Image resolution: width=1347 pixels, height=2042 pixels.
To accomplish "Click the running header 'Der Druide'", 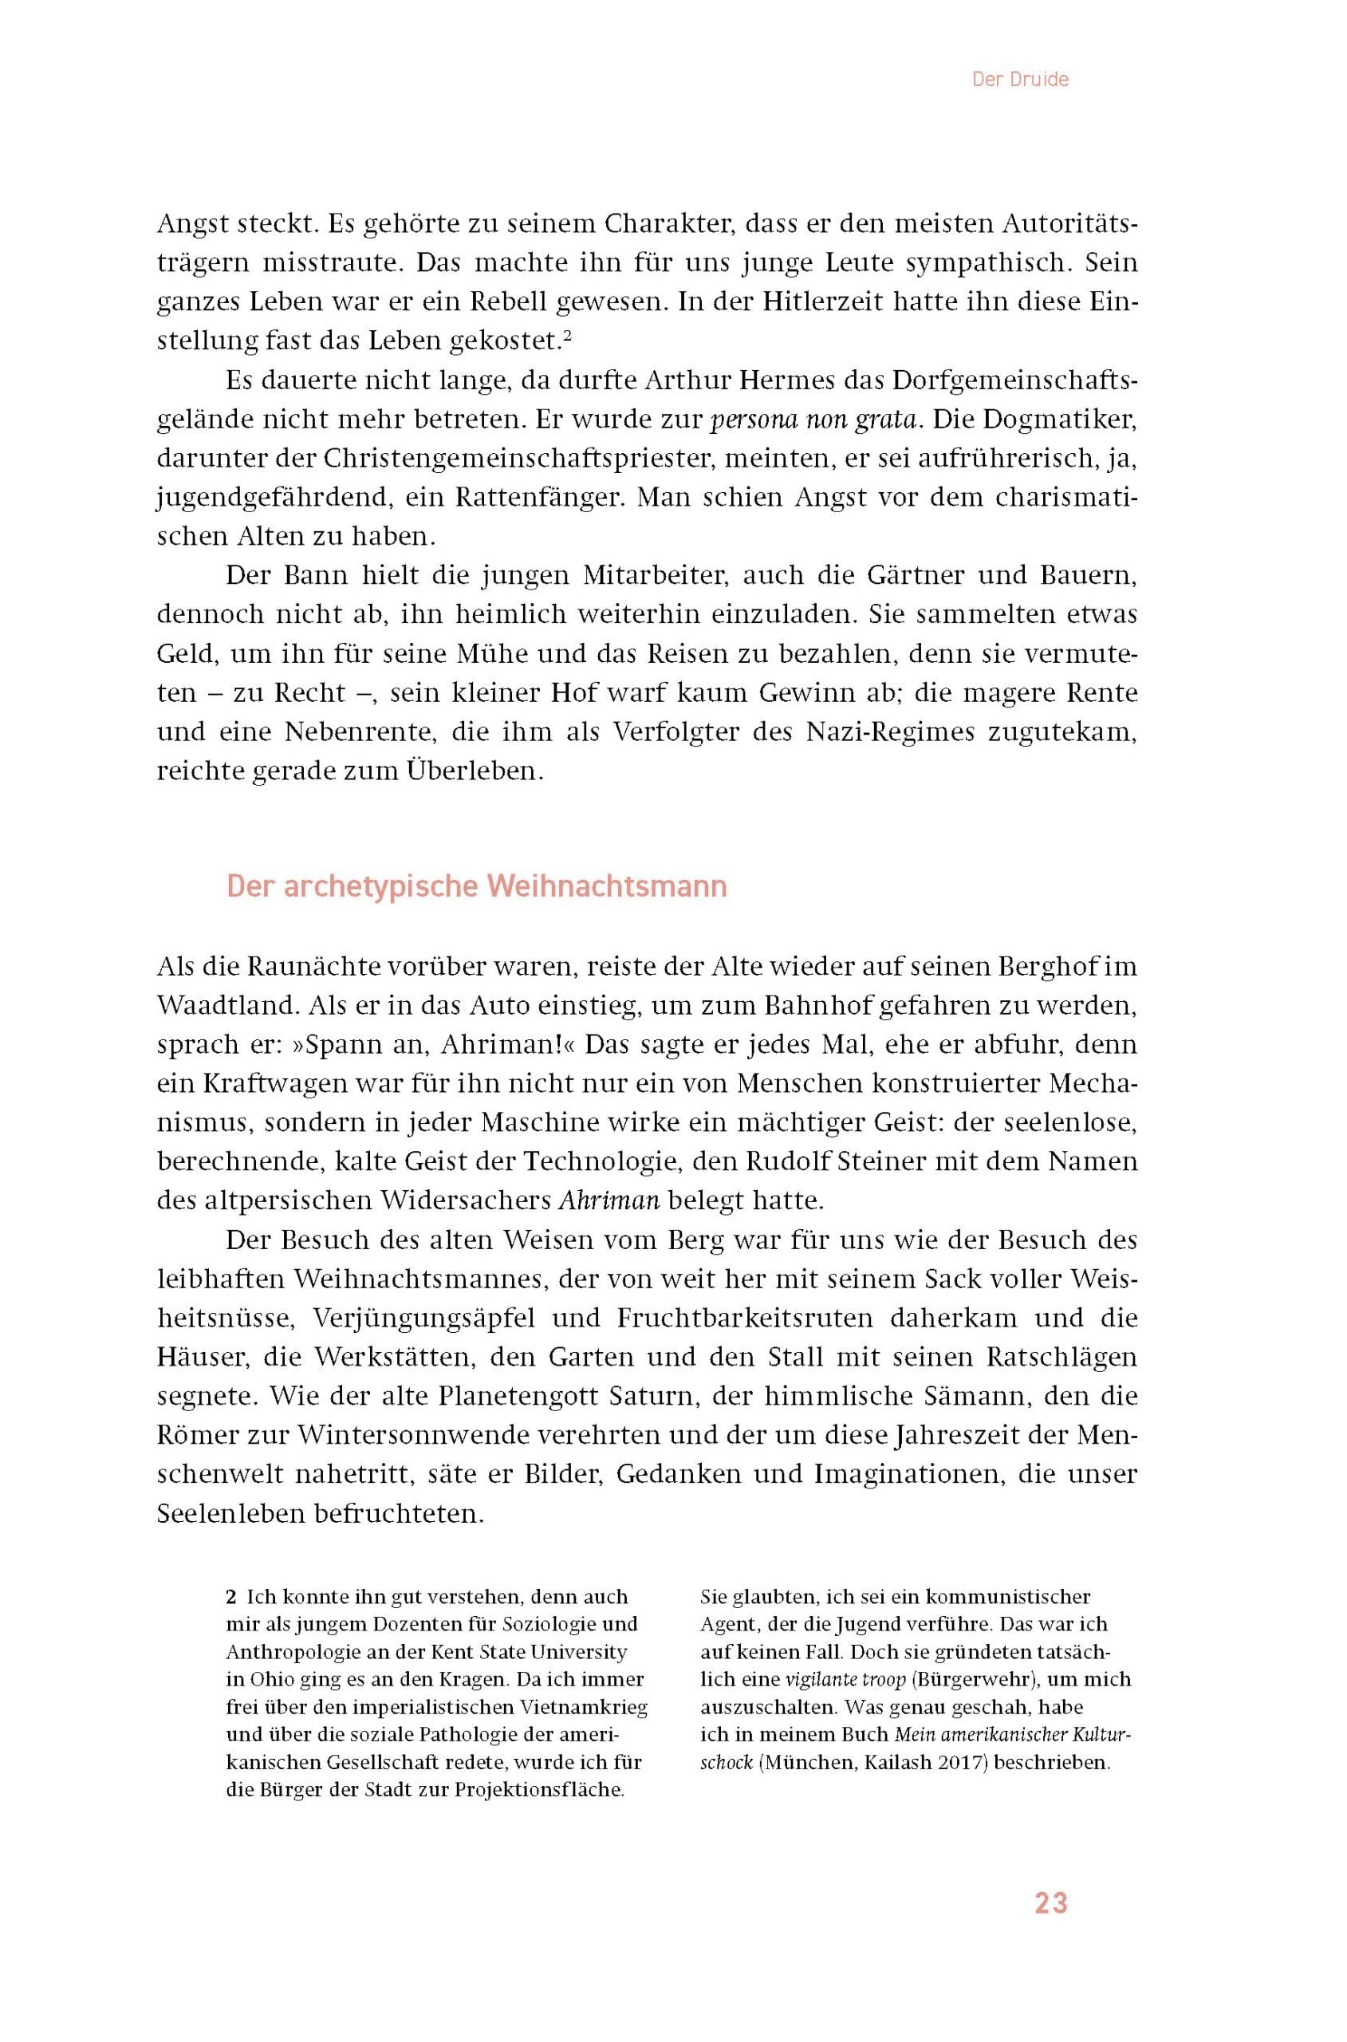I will pyautogui.click(x=1020, y=80).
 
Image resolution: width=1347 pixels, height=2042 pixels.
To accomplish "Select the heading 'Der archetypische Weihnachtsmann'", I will pyautogui.click(x=477, y=886).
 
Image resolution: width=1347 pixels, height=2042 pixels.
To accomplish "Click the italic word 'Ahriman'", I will pyautogui.click(x=609, y=1200).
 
